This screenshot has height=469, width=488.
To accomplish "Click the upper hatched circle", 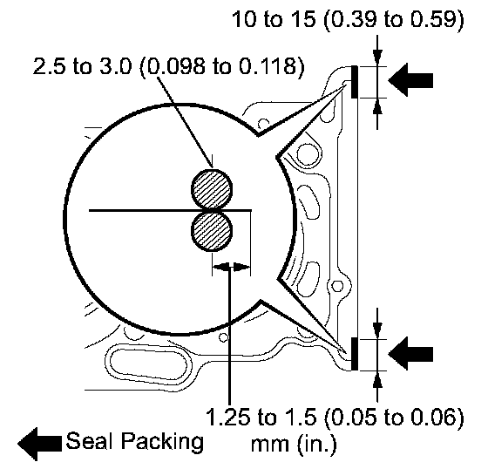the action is [x=212, y=189].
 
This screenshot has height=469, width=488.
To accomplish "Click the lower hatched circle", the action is [x=212, y=231].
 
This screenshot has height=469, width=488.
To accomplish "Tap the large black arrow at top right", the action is [x=410, y=80].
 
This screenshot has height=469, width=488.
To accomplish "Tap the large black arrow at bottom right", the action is [x=410, y=354].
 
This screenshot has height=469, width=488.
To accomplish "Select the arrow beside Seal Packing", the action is [x=39, y=444].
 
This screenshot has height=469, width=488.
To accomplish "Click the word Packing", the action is [x=162, y=443].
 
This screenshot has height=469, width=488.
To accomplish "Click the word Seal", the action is [x=91, y=441].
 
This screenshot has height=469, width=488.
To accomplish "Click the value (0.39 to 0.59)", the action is [x=394, y=20].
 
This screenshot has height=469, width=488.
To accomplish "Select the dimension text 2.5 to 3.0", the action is [x=83, y=66].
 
